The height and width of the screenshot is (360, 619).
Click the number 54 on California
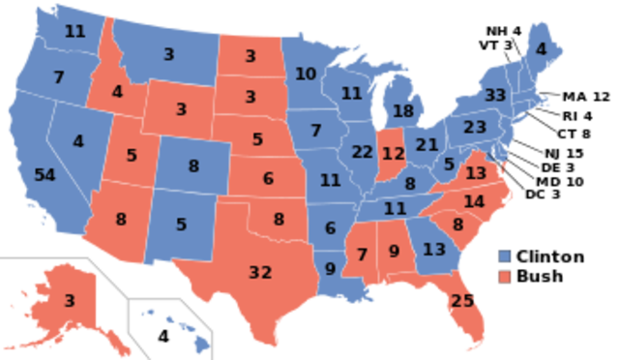click(44, 175)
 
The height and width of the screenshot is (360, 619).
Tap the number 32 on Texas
click(260, 272)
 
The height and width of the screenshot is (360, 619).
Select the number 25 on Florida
click(462, 301)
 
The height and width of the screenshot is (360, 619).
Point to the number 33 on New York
click(495, 96)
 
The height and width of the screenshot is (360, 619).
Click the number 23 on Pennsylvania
click(475, 128)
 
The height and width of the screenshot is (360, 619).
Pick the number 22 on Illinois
click(363, 152)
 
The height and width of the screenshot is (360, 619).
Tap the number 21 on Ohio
click(427, 145)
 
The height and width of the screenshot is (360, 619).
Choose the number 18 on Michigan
click(403, 111)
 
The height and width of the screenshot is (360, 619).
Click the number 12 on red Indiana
click(393, 153)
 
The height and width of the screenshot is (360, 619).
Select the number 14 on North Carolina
click(474, 201)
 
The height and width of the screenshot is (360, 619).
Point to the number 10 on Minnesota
click(306, 74)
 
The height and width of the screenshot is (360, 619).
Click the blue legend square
click(504, 255)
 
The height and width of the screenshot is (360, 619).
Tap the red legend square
click(504, 277)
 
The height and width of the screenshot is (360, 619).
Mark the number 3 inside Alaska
click(70, 301)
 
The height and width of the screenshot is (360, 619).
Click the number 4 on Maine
click(541, 49)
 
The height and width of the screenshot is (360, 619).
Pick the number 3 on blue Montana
click(168, 55)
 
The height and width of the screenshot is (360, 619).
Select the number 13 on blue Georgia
click(434, 250)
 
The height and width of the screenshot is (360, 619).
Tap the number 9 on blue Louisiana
click(331, 269)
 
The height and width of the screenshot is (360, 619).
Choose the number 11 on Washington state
click(74, 31)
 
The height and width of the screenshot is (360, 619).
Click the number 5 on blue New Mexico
click(182, 225)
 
